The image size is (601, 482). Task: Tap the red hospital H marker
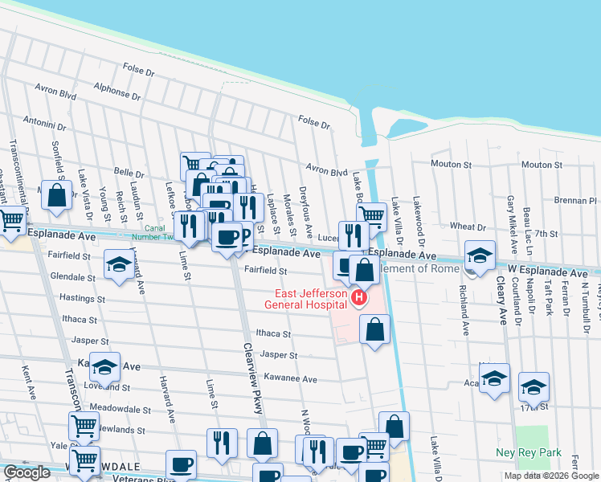pyautogui.click(x=358, y=299)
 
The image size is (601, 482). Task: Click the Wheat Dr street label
pyautogui.click(x=467, y=227)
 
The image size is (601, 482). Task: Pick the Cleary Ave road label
pyautogui.click(x=500, y=300)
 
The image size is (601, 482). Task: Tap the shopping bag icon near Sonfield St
pyautogui.click(x=56, y=194)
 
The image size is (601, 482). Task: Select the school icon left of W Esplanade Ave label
pyautogui.click(x=480, y=256)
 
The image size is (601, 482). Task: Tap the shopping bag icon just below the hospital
pyautogui.click(x=374, y=329)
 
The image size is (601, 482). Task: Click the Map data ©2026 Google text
pyautogui.click(x=551, y=476)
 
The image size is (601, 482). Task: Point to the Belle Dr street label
pyautogui.click(x=129, y=173)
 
